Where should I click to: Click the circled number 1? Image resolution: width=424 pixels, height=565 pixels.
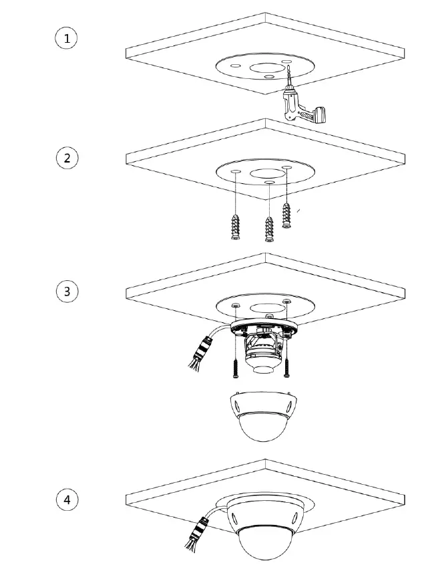(x=66, y=38)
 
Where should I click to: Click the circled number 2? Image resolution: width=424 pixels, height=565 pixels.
(x=66, y=158)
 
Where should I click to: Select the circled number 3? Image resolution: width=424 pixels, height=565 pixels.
(x=66, y=292)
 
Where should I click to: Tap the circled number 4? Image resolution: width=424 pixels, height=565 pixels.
(x=66, y=499)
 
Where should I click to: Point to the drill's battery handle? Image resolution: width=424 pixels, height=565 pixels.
(x=314, y=116)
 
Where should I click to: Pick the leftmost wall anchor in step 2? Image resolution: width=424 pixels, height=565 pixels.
(x=236, y=228)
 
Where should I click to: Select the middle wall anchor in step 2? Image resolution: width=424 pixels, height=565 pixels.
(x=268, y=230)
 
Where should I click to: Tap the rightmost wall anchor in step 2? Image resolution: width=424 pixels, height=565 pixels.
(x=288, y=215)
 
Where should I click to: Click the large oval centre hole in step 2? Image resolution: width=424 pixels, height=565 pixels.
(x=264, y=173)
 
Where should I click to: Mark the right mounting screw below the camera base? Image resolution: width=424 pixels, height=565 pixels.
(x=287, y=363)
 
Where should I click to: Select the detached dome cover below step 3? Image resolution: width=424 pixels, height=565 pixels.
(x=261, y=415)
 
